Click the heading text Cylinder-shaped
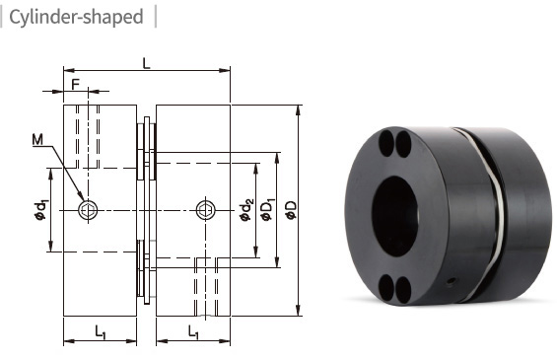tap(76, 17)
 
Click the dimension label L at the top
tap(146, 64)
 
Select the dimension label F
tap(75, 85)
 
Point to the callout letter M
tap(37, 140)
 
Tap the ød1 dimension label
tap(40, 210)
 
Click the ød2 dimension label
tap(246, 210)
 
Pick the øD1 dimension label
tap(268, 209)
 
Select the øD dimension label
tap(291, 210)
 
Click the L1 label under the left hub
tap(101, 332)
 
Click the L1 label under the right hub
tap(193, 332)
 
